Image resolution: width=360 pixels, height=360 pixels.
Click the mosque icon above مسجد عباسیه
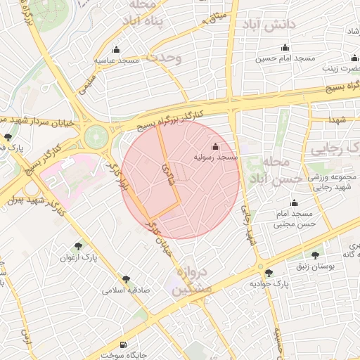[116, 50]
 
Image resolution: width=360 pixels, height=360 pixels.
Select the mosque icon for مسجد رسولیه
[214, 147]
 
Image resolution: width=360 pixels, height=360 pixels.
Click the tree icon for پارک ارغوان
[78, 246]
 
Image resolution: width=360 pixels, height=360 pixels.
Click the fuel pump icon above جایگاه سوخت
[124, 344]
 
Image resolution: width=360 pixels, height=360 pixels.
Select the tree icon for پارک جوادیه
[269, 272]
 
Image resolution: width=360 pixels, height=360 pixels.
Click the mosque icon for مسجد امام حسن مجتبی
[293, 203]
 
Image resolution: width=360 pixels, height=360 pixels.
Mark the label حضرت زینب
[345, 69]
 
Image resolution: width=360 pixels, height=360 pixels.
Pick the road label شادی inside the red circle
[166, 170]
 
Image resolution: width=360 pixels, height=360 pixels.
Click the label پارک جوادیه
[269, 285]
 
